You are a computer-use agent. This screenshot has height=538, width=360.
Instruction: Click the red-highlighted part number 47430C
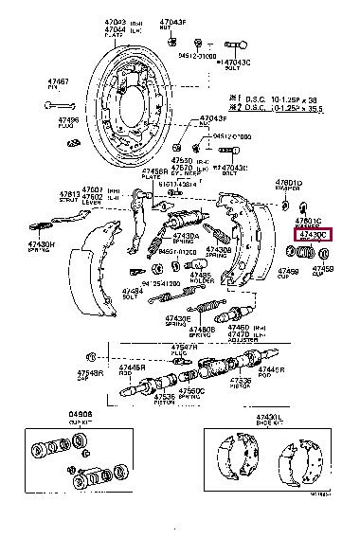(312, 233)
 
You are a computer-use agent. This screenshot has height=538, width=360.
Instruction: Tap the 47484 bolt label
(132, 291)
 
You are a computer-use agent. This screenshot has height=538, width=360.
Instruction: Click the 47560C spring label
(191, 390)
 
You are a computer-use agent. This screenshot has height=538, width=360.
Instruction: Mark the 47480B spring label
(200, 331)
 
